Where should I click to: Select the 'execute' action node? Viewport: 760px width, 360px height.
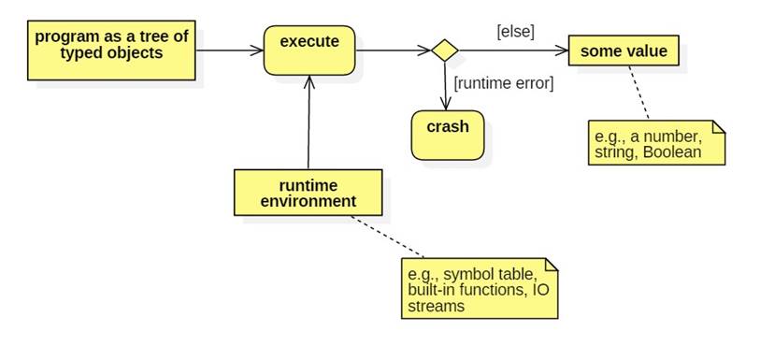click(309, 49)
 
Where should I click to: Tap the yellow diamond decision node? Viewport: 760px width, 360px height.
click(444, 50)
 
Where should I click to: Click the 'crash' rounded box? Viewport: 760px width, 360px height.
click(448, 135)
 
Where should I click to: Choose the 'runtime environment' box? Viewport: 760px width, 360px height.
click(308, 192)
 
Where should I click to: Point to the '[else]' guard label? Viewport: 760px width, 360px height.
click(514, 31)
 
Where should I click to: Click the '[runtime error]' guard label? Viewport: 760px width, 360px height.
click(504, 83)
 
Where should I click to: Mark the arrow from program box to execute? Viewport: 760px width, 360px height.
click(229, 50)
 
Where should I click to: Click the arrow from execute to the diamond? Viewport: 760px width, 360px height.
click(393, 50)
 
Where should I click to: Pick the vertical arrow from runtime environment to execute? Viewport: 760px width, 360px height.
click(308, 122)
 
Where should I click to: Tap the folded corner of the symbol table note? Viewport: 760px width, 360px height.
click(551, 266)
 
